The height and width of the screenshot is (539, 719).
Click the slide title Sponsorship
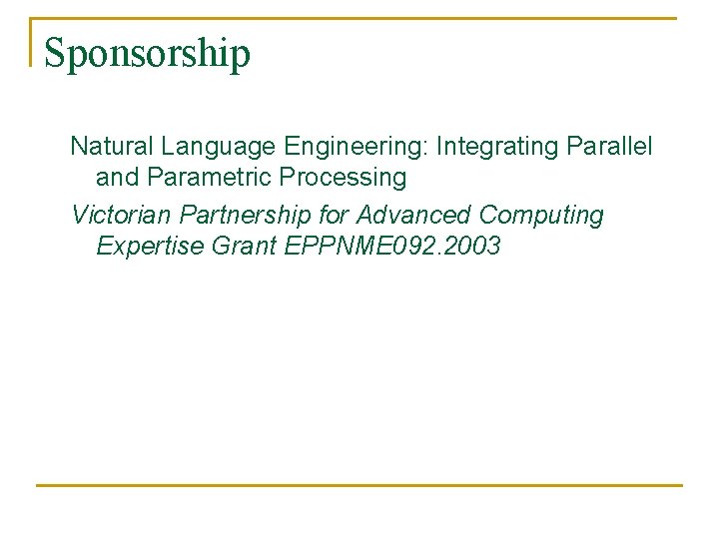[x=147, y=54]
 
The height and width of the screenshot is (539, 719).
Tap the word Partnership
[x=246, y=216]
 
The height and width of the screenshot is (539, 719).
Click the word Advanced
[x=414, y=216]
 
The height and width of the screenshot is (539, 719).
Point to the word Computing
[x=541, y=216]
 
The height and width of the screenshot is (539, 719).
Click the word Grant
[x=246, y=246]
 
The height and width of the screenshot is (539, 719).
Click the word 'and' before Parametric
[x=116, y=178]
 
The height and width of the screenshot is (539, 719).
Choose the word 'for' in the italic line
[x=334, y=216]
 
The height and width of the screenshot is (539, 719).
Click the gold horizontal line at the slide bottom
[x=359, y=486]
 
